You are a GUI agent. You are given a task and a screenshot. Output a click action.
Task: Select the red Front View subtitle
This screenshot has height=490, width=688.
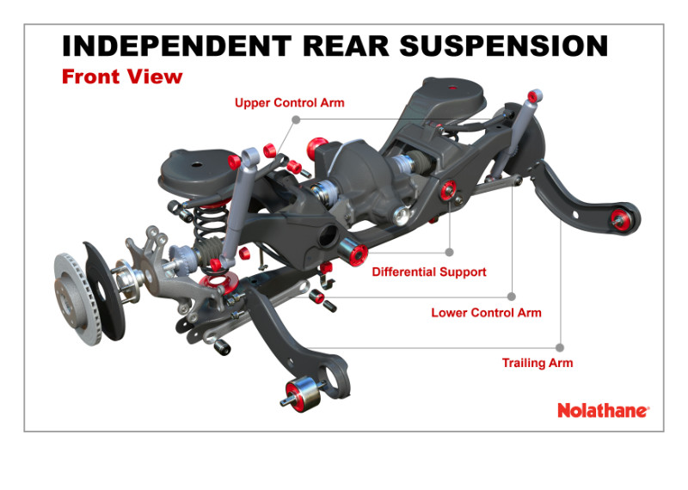[x=122, y=77]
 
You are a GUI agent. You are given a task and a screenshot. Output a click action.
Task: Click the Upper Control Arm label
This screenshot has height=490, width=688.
[x=289, y=103]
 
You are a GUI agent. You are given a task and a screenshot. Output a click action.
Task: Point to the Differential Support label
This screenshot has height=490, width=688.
[x=429, y=273]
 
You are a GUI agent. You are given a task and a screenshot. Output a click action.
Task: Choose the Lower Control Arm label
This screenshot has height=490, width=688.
[x=486, y=313]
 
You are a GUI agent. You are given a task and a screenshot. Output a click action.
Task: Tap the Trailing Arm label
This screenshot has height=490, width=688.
[x=537, y=363]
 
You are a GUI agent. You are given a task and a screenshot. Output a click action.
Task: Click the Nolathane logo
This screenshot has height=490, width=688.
[x=602, y=411]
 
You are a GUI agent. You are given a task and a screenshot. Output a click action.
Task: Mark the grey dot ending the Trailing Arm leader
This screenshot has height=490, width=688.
[x=560, y=348]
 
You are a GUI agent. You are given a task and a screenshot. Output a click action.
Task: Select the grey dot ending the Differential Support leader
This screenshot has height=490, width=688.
[x=449, y=253]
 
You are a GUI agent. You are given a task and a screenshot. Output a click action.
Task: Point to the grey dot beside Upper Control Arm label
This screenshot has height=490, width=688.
[x=296, y=119]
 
